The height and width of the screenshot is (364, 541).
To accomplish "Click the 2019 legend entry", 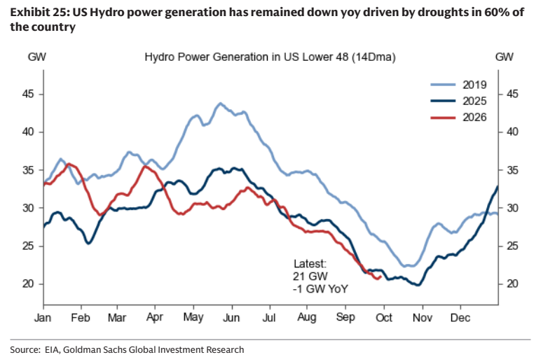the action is pyautogui.click(x=458, y=85).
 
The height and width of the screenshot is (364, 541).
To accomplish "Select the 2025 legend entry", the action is pyautogui.click(x=458, y=101).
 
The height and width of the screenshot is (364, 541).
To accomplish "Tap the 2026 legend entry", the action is pyautogui.click(x=458, y=117).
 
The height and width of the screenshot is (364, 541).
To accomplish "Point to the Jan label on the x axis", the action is pyautogui.click(x=43, y=317).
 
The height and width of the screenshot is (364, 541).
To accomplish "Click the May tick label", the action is pyautogui.click(x=193, y=317).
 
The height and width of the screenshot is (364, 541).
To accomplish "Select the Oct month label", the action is pyautogui.click(x=383, y=317).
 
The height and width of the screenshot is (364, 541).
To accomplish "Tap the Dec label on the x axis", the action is pyautogui.click(x=460, y=317).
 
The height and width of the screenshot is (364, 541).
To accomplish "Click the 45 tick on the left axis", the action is pyautogui.click(x=27, y=94).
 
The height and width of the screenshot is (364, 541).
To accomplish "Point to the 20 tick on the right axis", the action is pyautogui.click(x=512, y=283).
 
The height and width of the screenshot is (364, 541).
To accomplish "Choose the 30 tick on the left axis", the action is pyautogui.click(x=27, y=208).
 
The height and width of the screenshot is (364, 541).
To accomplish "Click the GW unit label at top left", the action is pyautogui.click(x=36, y=57).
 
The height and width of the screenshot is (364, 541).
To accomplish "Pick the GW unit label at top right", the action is pyautogui.click(x=504, y=57).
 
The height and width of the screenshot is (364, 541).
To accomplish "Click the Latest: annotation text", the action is pyautogui.click(x=310, y=264).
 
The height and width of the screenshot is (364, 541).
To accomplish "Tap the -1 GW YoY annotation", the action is pyautogui.click(x=320, y=288).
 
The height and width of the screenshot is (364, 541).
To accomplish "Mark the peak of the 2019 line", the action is pyautogui.click(x=221, y=103).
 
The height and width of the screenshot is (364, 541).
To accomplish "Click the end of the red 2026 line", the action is pyautogui.click(x=381, y=276).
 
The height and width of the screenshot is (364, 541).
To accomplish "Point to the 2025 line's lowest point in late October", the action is pyautogui.click(x=418, y=285).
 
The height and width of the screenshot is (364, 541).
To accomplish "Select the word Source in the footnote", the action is pyautogui.click(x=25, y=349).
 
